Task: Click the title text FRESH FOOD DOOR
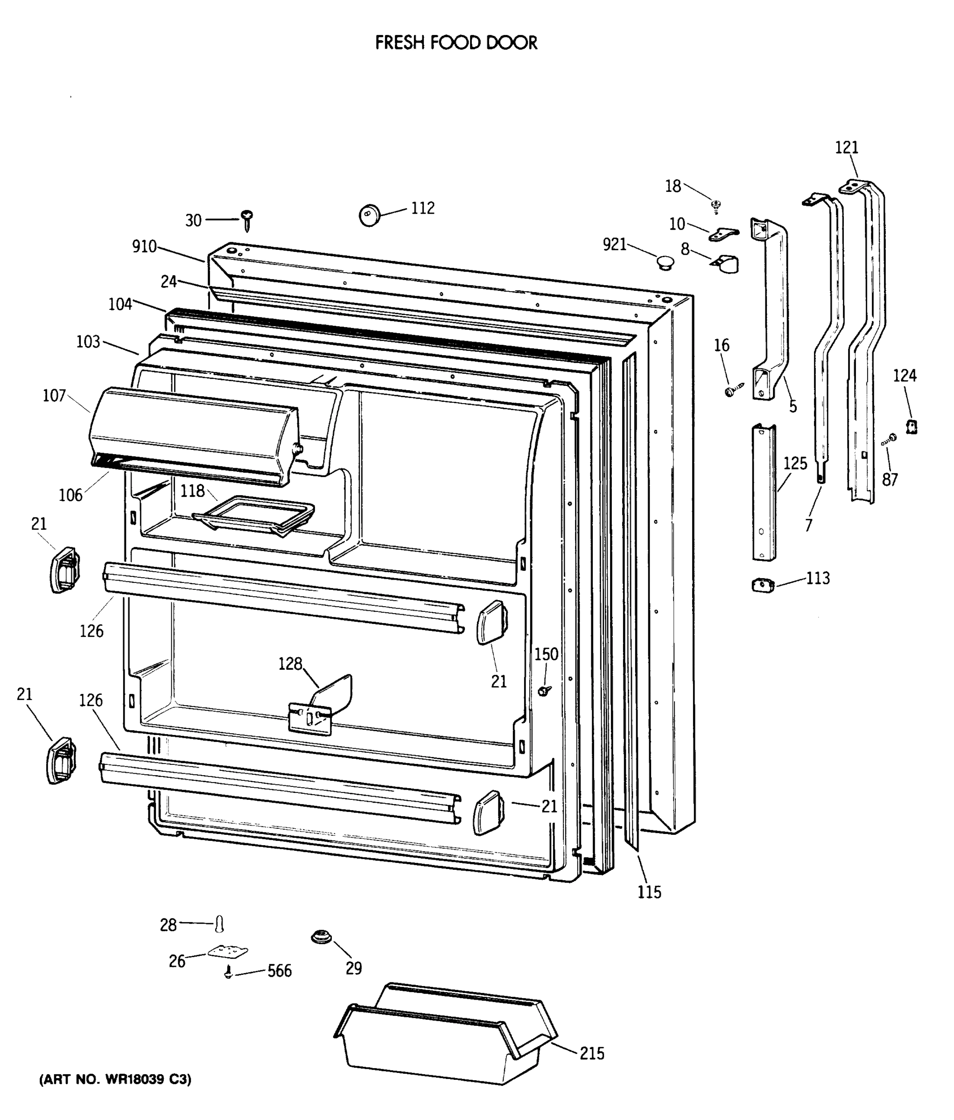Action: tap(456, 43)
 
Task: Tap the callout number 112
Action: tap(423, 208)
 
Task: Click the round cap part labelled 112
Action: tap(369, 215)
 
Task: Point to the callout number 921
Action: tap(615, 245)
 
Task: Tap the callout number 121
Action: tap(847, 147)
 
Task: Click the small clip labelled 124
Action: tap(912, 427)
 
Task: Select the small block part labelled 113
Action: tap(763, 585)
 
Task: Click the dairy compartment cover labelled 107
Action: tap(192, 435)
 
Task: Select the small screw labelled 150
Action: tap(544, 690)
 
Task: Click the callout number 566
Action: tap(280, 971)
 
